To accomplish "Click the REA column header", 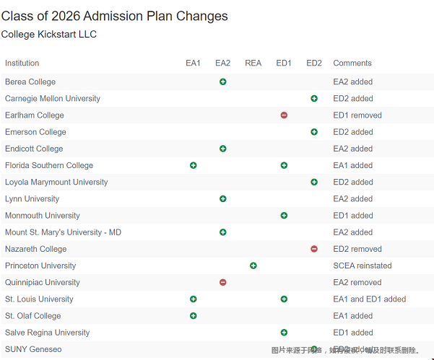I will point(253,63).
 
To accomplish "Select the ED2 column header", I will point(314,63).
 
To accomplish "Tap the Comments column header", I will point(352,63).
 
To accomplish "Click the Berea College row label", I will point(30,82).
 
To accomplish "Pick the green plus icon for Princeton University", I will point(253,265).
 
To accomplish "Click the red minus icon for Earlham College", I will point(284,115).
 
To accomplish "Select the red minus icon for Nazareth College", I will point(314,249).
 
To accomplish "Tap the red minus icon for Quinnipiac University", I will point(222,282).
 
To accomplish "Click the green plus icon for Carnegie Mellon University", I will point(314,99).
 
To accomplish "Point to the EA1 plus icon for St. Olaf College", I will point(193,316).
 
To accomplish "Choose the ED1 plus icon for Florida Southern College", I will point(284,165).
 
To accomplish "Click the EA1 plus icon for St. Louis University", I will point(193,299).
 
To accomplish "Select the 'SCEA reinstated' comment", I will point(363,265).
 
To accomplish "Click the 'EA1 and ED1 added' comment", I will point(370,299).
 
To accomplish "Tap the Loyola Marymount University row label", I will point(56,183).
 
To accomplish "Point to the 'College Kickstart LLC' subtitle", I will point(49,35).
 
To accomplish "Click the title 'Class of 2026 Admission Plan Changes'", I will point(114,16).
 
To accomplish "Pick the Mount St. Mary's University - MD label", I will point(63,232).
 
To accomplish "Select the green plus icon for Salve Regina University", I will point(284,333).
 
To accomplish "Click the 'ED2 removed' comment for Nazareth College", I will point(357,249).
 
